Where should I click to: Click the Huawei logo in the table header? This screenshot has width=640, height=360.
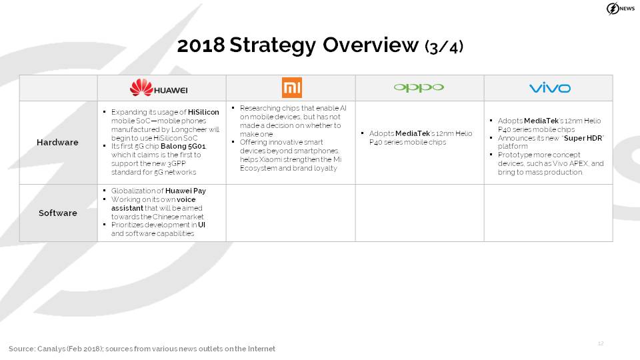pos(159,88)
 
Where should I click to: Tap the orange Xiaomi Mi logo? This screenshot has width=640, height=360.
pos(292,88)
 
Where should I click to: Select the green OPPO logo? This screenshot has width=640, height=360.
pos(419,88)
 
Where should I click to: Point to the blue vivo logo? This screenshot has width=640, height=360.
pos(550,88)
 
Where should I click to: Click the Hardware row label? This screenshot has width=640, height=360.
pos(57,143)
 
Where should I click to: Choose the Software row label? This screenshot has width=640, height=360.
pos(58,213)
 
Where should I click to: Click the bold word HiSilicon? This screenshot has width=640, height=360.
pos(203,112)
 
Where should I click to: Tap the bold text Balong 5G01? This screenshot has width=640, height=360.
pos(183,146)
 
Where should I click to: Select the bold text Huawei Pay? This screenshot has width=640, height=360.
pos(186,191)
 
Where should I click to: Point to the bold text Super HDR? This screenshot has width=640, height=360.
pos(583,139)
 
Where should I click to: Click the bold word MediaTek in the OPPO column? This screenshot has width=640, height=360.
pos(412,133)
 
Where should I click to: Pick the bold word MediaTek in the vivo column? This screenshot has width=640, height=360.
pos(541,121)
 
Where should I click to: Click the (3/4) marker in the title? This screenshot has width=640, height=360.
pos(444,47)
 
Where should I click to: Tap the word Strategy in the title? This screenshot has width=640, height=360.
pos(273,46)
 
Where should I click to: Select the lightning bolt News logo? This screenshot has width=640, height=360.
pos(621,9)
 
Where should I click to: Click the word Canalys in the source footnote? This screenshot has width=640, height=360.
pos(51,349)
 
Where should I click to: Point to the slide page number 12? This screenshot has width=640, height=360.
pos(601,344)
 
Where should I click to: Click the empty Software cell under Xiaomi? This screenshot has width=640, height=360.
pos(291,213)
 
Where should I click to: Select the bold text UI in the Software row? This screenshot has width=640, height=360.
pos(201,225)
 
